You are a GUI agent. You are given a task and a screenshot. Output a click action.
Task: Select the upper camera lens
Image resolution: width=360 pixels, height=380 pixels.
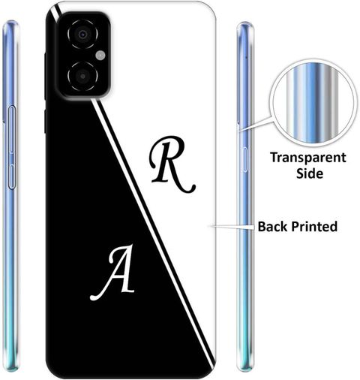pos(82,34)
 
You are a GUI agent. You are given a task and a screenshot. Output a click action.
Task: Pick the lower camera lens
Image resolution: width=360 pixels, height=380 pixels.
pos(82,76)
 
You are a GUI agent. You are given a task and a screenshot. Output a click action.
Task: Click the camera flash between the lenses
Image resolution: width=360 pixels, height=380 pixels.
pos(100,56)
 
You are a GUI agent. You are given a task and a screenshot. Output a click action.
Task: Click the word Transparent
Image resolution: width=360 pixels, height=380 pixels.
pos(308,158)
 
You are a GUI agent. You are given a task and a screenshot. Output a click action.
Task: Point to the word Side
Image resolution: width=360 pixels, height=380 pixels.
pos(310,173)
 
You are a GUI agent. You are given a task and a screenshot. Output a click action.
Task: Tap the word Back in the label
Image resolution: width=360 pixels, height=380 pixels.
pos(273,226)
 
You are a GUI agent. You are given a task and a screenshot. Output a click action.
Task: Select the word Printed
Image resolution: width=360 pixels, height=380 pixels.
pos(314,226)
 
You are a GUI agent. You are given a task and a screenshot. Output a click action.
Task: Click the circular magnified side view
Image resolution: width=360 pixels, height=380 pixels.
pos(313,104)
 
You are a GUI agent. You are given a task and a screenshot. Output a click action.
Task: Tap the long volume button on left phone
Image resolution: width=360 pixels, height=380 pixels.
pos(11,130)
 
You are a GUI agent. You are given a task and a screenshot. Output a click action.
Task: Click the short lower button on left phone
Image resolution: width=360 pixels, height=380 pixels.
pos(11,176)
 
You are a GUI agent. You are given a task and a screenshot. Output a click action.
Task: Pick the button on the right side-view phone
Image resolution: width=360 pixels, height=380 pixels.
pos(245,160)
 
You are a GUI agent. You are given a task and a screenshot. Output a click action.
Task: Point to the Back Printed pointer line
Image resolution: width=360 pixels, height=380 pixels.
pos(231,227)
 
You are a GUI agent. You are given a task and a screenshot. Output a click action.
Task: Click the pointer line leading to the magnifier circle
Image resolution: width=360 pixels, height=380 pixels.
pos(256,124)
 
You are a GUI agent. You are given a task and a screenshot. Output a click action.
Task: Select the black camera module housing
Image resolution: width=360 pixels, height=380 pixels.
pos(84,56)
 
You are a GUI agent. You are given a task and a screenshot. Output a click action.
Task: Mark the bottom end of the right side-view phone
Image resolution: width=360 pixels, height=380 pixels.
pos(245,369)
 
